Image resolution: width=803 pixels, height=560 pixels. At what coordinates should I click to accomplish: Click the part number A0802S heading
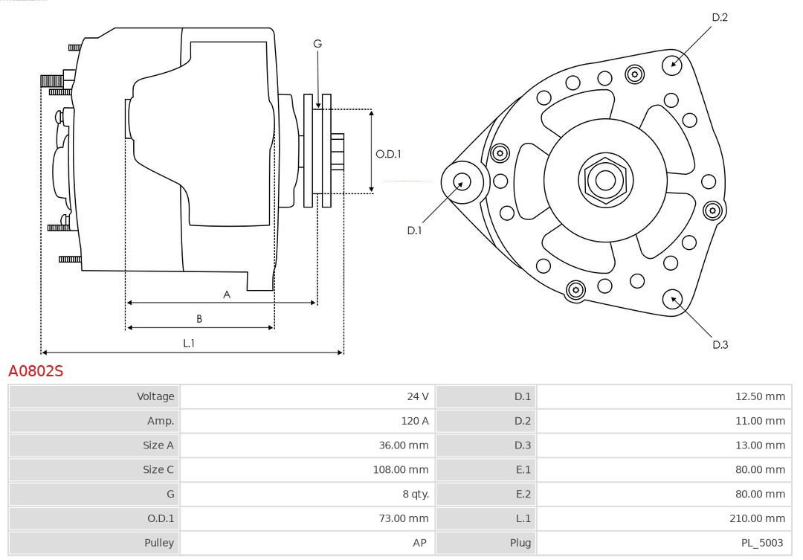click(36, 370)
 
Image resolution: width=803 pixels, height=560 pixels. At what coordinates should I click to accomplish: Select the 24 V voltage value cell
click(417, 396)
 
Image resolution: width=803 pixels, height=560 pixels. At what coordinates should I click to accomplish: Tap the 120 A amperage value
click(415, 421)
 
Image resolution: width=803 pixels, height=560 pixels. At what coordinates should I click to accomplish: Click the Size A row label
click(158, 445)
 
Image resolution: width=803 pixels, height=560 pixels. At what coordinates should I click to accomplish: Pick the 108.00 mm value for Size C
click(401, 469)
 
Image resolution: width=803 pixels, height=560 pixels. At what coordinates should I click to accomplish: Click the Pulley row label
click(159, 543)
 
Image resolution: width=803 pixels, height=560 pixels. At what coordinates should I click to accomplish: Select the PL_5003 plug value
click(762, 543)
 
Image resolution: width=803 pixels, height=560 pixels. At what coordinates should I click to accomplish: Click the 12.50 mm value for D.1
click(760, 396)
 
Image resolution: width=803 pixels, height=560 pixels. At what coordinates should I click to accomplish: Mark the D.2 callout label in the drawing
click(720, 17)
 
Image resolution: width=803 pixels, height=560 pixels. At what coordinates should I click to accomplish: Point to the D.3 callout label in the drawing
click(720, 344)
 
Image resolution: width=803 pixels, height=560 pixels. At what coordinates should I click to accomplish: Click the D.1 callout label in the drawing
click(414, 231)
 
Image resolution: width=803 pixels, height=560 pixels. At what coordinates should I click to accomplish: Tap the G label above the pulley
click(317, 44)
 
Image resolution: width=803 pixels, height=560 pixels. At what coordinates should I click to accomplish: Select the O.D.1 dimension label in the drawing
click(388, 154)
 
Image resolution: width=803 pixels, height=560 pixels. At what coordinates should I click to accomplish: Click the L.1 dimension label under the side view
click(189, 343)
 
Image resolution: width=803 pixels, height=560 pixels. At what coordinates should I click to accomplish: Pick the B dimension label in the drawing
click(199, 318)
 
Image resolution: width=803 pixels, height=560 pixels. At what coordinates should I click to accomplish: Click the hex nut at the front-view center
click(605, 180)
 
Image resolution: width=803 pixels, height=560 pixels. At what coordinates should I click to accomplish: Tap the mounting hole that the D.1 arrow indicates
click(462, 181)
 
